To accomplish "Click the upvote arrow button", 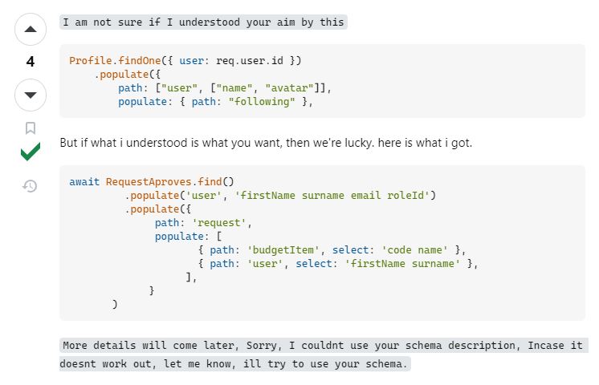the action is (31, 30).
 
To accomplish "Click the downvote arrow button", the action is (31, 95).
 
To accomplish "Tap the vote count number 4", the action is (31, 62).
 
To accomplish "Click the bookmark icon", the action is (31, 128).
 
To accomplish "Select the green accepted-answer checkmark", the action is (31, 152).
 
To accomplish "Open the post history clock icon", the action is (31, 186).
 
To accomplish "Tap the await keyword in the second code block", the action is (84, 182).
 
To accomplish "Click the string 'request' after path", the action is (222, 222).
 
